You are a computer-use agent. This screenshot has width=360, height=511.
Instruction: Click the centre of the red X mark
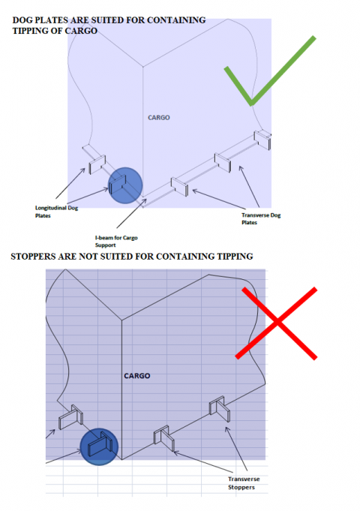coord(277,323)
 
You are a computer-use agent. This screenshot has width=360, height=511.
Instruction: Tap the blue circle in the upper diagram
coord(125,185)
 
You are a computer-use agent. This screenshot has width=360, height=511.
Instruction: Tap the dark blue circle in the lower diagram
coord(99,446)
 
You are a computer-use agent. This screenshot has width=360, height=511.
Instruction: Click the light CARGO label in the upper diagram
coord(159,118)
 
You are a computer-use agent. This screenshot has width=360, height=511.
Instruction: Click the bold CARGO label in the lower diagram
coord(136,376)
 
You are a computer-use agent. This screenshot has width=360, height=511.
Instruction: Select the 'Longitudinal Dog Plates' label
coord(57,212)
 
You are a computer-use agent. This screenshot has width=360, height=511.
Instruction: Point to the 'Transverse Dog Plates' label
coord(261,218)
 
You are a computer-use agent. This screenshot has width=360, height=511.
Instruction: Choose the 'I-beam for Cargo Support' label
coord(116,241)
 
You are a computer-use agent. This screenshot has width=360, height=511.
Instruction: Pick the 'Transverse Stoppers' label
coord(244,483)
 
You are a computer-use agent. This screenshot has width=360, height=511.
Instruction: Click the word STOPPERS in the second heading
coord(33,257)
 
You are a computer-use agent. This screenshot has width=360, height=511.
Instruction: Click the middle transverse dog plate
coord(223,162)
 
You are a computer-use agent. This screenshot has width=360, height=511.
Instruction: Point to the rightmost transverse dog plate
coord(262,140)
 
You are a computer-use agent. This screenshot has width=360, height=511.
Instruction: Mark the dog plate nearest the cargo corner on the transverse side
coord(179,187)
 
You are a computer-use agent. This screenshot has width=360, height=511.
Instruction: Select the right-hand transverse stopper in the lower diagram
coord(220,409)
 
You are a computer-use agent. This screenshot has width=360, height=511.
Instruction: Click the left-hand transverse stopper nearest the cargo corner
coord(163,437)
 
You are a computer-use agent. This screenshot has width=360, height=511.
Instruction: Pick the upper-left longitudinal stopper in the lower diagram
coord(70,416)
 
